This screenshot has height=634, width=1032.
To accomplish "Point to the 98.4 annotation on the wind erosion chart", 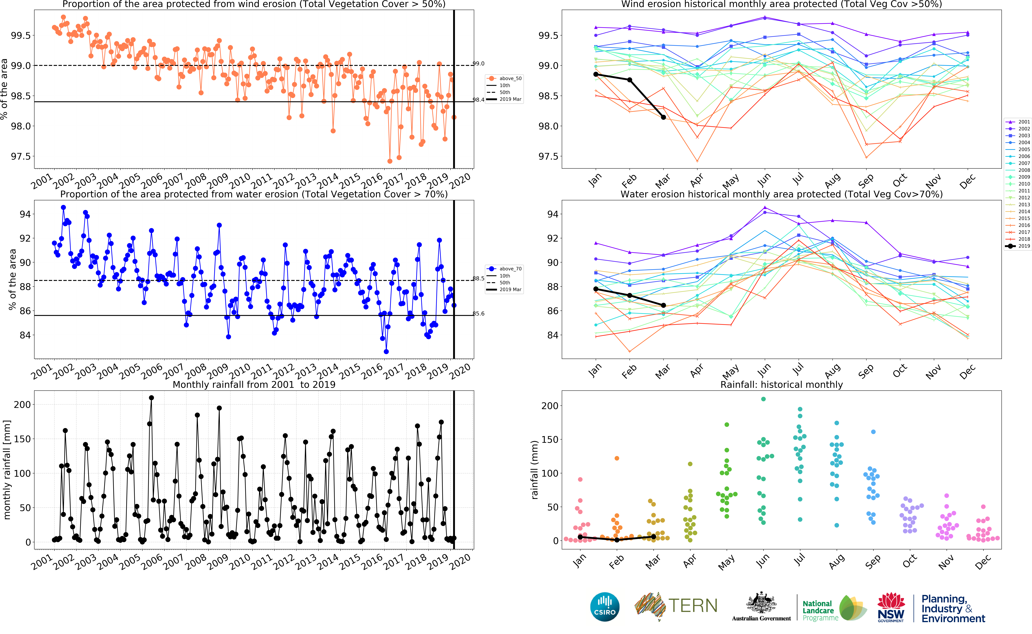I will pos(478,100).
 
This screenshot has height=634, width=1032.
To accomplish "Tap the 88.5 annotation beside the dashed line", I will pos(478,278).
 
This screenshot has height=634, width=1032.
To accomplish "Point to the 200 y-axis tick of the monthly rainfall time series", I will pos(22,405).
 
